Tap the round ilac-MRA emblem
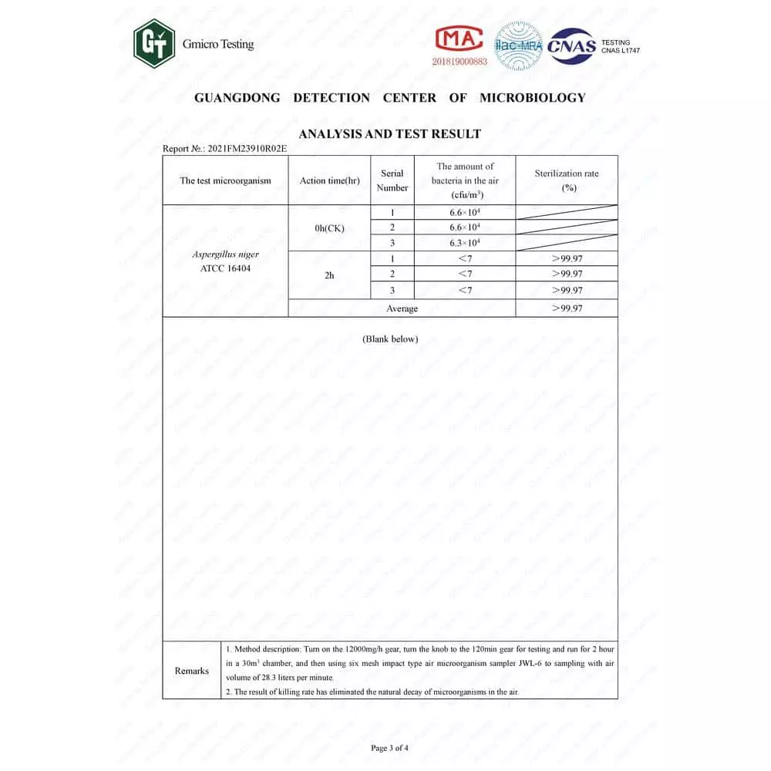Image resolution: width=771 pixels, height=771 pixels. (519, 45)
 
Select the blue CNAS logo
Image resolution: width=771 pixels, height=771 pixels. (571, 45)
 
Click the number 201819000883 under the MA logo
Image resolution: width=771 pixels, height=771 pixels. (460, 61)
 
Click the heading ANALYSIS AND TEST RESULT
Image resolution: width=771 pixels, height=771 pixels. (389, 133)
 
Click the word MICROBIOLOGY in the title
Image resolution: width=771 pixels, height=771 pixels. (532, 97)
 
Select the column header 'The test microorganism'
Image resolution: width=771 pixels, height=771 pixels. (225, 180)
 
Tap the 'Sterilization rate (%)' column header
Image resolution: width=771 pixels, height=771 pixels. (566, 180)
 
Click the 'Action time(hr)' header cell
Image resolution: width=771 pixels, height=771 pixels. (329, 180)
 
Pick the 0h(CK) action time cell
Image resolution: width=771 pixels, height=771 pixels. (329, 228)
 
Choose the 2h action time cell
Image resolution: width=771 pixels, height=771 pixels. (329, 274)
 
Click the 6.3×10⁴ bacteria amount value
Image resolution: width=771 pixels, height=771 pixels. (465, 243)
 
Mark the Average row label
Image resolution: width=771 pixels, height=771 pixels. (402, 308)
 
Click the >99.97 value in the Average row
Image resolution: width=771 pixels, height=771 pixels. (567, 308)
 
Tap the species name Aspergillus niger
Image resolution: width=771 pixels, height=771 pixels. (225, 254)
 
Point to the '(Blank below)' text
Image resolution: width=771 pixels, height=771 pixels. (389, 338)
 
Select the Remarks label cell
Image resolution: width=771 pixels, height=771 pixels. (191, 670)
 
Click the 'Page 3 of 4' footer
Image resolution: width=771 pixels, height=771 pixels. (389, 747)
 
